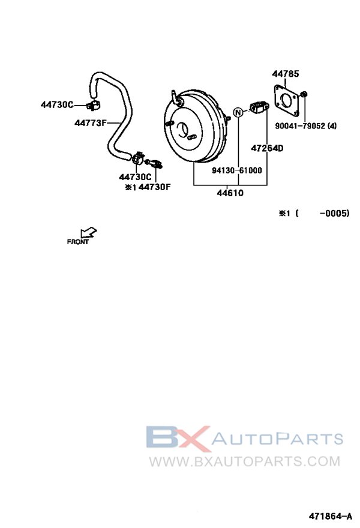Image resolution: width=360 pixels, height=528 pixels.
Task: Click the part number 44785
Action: [285, 74]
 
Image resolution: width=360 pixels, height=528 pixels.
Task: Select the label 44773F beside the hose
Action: [90, 123]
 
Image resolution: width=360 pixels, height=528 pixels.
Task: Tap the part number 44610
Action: [230, 193]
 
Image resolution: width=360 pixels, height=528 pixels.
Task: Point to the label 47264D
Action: [268, 148]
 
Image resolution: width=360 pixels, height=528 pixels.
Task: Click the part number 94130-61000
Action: [237, 170]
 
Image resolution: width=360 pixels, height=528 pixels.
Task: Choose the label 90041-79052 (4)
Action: [306, 126]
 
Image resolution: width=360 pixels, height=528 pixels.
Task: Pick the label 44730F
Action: [155, 187]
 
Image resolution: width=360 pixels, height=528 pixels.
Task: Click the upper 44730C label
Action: [57, 105]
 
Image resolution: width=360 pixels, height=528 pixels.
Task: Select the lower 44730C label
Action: [136, 177]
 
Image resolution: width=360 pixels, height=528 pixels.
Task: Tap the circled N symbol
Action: [238, 112]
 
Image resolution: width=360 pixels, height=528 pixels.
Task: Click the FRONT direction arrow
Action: [89, 233]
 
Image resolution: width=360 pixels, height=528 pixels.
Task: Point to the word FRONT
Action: [78, 242]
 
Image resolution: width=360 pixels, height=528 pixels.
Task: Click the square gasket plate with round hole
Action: [287, 98]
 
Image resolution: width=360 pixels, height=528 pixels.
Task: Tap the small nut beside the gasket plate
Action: [304, 94]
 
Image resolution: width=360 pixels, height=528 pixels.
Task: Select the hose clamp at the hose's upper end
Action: [92, 106]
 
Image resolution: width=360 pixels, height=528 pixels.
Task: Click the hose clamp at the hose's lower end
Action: [138, 158]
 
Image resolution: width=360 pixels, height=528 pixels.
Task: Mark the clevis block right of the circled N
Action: [259, 107]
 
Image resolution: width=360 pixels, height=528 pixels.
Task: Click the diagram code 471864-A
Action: [331, 516]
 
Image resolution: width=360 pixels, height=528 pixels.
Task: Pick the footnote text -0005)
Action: [335, 213]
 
